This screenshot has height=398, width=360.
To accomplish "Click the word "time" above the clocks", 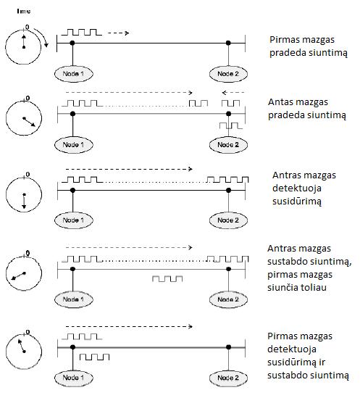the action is pos(24,11).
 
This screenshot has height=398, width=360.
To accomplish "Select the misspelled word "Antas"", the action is pos(279,102).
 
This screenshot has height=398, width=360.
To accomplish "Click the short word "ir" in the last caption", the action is pos(322,362).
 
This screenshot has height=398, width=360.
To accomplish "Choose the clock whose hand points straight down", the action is pos(24,194).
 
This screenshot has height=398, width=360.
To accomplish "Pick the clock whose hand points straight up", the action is pos(23,46).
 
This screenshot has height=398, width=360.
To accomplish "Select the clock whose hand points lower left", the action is pos(24,273).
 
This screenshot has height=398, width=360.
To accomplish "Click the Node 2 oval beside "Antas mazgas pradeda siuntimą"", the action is pos(228,145).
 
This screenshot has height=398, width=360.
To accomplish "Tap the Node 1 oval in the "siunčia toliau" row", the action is pos(74,299).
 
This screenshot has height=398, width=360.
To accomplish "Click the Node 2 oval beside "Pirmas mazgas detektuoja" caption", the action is pos(228,378).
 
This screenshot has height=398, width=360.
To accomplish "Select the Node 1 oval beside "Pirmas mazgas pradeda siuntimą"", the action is pos(74,74).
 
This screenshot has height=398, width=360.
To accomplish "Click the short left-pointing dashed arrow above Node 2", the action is pos(233,93).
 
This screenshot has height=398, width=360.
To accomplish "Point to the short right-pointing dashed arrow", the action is pos(119,33).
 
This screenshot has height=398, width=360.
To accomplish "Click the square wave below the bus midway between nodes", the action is pos(167,278).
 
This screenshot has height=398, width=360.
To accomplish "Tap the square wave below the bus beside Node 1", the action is pos(94,357).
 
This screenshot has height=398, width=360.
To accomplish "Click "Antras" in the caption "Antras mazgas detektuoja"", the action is pos(286,175).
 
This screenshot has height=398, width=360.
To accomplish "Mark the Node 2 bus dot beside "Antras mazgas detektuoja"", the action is pos(229,191).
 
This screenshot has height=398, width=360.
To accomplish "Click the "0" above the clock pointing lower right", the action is pos(28,98).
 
